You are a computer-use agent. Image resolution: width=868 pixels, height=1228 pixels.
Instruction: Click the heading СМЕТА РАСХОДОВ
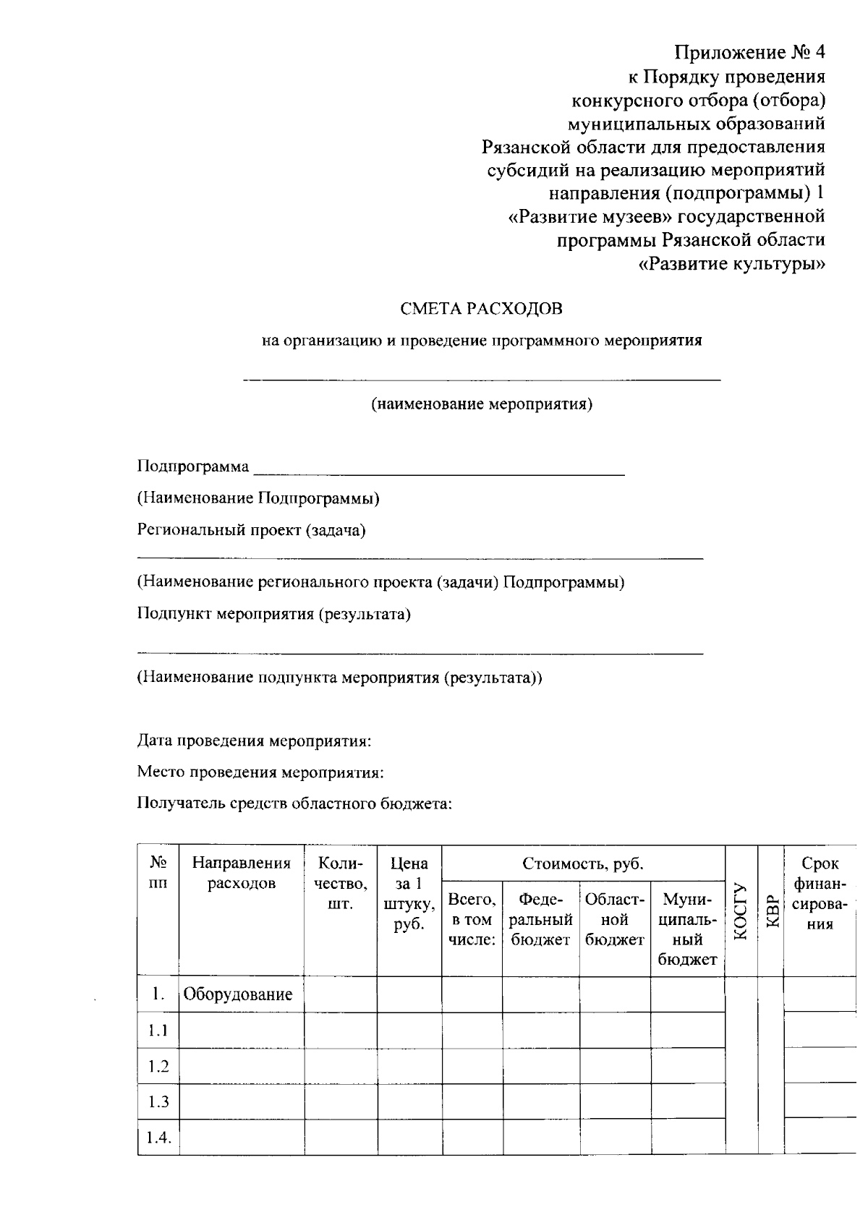(x=481, y=309)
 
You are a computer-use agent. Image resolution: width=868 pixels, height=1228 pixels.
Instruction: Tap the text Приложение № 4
(x=749, y=53)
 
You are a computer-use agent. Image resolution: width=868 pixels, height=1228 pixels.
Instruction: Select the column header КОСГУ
(x=740, y=911)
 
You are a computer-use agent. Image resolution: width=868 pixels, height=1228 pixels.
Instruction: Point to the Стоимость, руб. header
(x=583, y=864)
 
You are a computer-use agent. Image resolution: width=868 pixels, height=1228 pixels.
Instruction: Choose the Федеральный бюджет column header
(x=542, y=919)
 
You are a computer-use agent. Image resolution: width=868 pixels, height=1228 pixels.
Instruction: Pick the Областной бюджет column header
(x=614, y=919)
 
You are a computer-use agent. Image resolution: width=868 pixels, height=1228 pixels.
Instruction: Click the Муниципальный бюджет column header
(x=687, y=929)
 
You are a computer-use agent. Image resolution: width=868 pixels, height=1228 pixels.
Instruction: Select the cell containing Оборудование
(x=238, y=994)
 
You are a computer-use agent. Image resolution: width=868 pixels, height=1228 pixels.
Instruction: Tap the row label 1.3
(x=158, y=1101)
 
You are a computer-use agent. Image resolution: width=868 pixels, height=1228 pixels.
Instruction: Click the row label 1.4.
(x=158, y=1138)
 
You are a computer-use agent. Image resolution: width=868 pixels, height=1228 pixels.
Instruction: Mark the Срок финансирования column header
(x=820, y=894)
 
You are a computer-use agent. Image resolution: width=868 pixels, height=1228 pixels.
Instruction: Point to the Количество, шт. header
(x=340, y=883)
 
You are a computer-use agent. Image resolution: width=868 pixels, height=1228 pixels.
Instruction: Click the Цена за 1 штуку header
(x=409, y=894)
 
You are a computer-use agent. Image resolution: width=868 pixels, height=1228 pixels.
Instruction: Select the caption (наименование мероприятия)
(x=482, y=404)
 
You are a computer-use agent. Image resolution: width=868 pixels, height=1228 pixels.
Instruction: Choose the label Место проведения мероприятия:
(x=260, y=772)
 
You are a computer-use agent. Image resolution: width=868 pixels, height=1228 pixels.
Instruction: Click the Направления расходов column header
(x=242, y=873)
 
